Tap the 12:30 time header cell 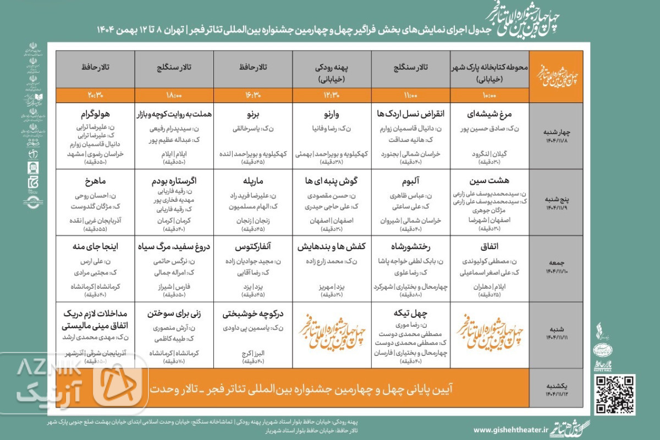click(x=332, y=95)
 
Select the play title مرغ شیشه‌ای click(x=490, y=115)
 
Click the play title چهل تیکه click(x=411, y=313)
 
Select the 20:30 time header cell click(x=95, y=95)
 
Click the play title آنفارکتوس click(x=254, y=246)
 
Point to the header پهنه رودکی click(x=332, y=67)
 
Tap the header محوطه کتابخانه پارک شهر click(x=490, y=67)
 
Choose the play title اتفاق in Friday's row click(x=490, y=246)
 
